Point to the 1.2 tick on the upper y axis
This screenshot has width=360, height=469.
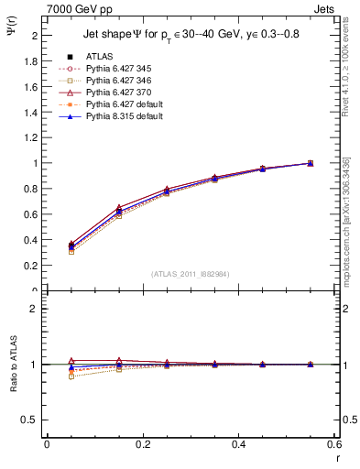[x=32, y=137]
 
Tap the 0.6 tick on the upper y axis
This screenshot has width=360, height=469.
[x=32, y=214]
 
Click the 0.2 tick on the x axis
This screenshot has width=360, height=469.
[x=142, y=444]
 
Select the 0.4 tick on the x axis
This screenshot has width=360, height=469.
[x=238, y=444]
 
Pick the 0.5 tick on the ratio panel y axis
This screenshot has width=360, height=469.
[x=32, y=420]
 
